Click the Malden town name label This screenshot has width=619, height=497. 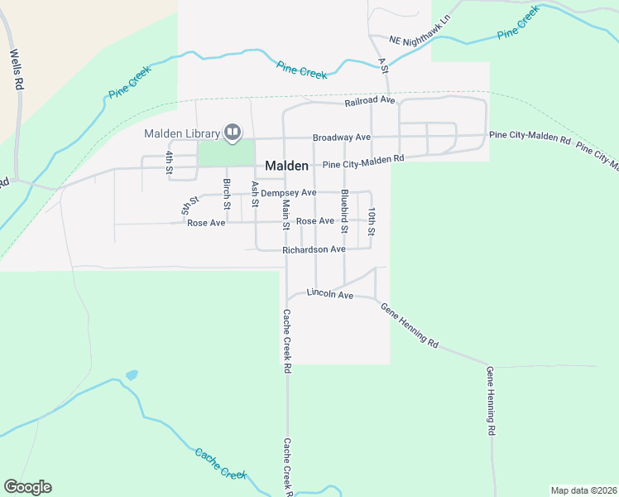[x=287, y=166]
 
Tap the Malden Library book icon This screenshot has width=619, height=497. [x=233, y=133]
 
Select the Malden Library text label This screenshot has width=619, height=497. [x=182, y=133]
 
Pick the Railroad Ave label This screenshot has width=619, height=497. [x=371, y=102]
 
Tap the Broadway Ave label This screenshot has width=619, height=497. [x=341, y=138]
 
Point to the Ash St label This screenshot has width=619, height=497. [x=255, y=195]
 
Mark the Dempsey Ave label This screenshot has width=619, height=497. [x=289, y=193]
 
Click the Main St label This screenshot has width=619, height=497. [x=286, y=215]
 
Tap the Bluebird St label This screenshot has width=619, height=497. [x=344, y=210]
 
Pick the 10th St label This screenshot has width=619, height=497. [x=373, y=221]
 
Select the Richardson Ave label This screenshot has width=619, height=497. [x=314, y=249]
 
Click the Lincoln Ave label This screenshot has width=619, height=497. [x=330, y=294]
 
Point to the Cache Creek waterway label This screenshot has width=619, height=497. [x=221, y=464]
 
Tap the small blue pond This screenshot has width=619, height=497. [x=132, y=375]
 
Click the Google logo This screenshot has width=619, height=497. [x=27, y=487]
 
